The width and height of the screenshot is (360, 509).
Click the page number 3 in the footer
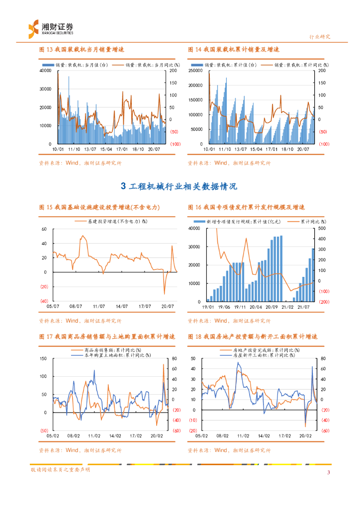(328, 472)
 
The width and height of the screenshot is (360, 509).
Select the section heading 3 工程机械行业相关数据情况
(179, 186)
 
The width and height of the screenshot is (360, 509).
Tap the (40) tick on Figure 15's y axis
(44, 301)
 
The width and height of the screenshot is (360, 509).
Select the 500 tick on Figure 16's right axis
(322, 228)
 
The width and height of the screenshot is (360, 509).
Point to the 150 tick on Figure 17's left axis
(43, 358)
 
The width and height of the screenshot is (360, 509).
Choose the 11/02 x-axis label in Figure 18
(243, 436)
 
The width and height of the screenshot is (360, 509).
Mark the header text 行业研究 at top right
(320, 37)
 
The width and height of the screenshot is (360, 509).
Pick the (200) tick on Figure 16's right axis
(323, 302)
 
